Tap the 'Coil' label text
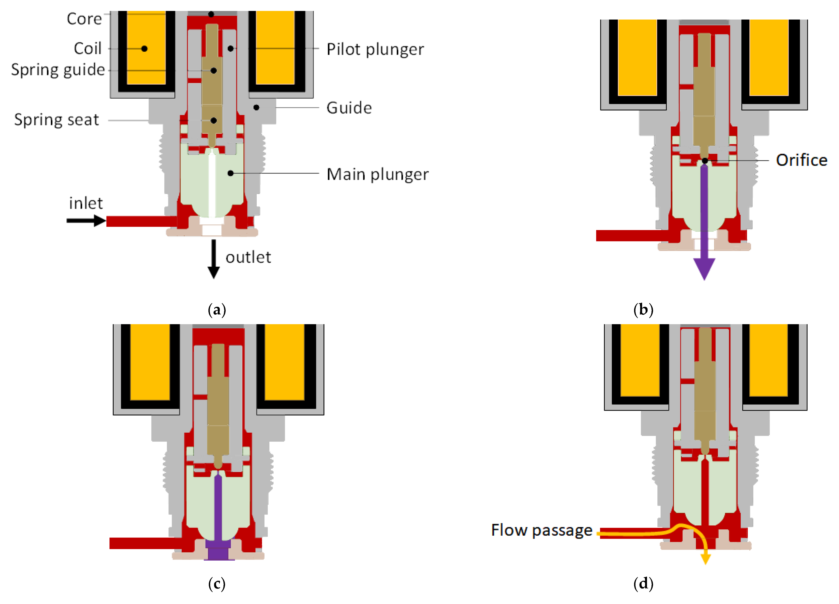[88, 48]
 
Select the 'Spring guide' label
[58, 70]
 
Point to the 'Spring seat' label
[57, 120]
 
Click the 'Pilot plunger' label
[375, 49]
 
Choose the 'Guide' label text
[349, 108]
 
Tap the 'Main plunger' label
[377, 174]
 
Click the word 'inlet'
[86, 203]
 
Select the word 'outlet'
[248, 257]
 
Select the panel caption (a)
[217, 310]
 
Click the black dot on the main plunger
[231, 173]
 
